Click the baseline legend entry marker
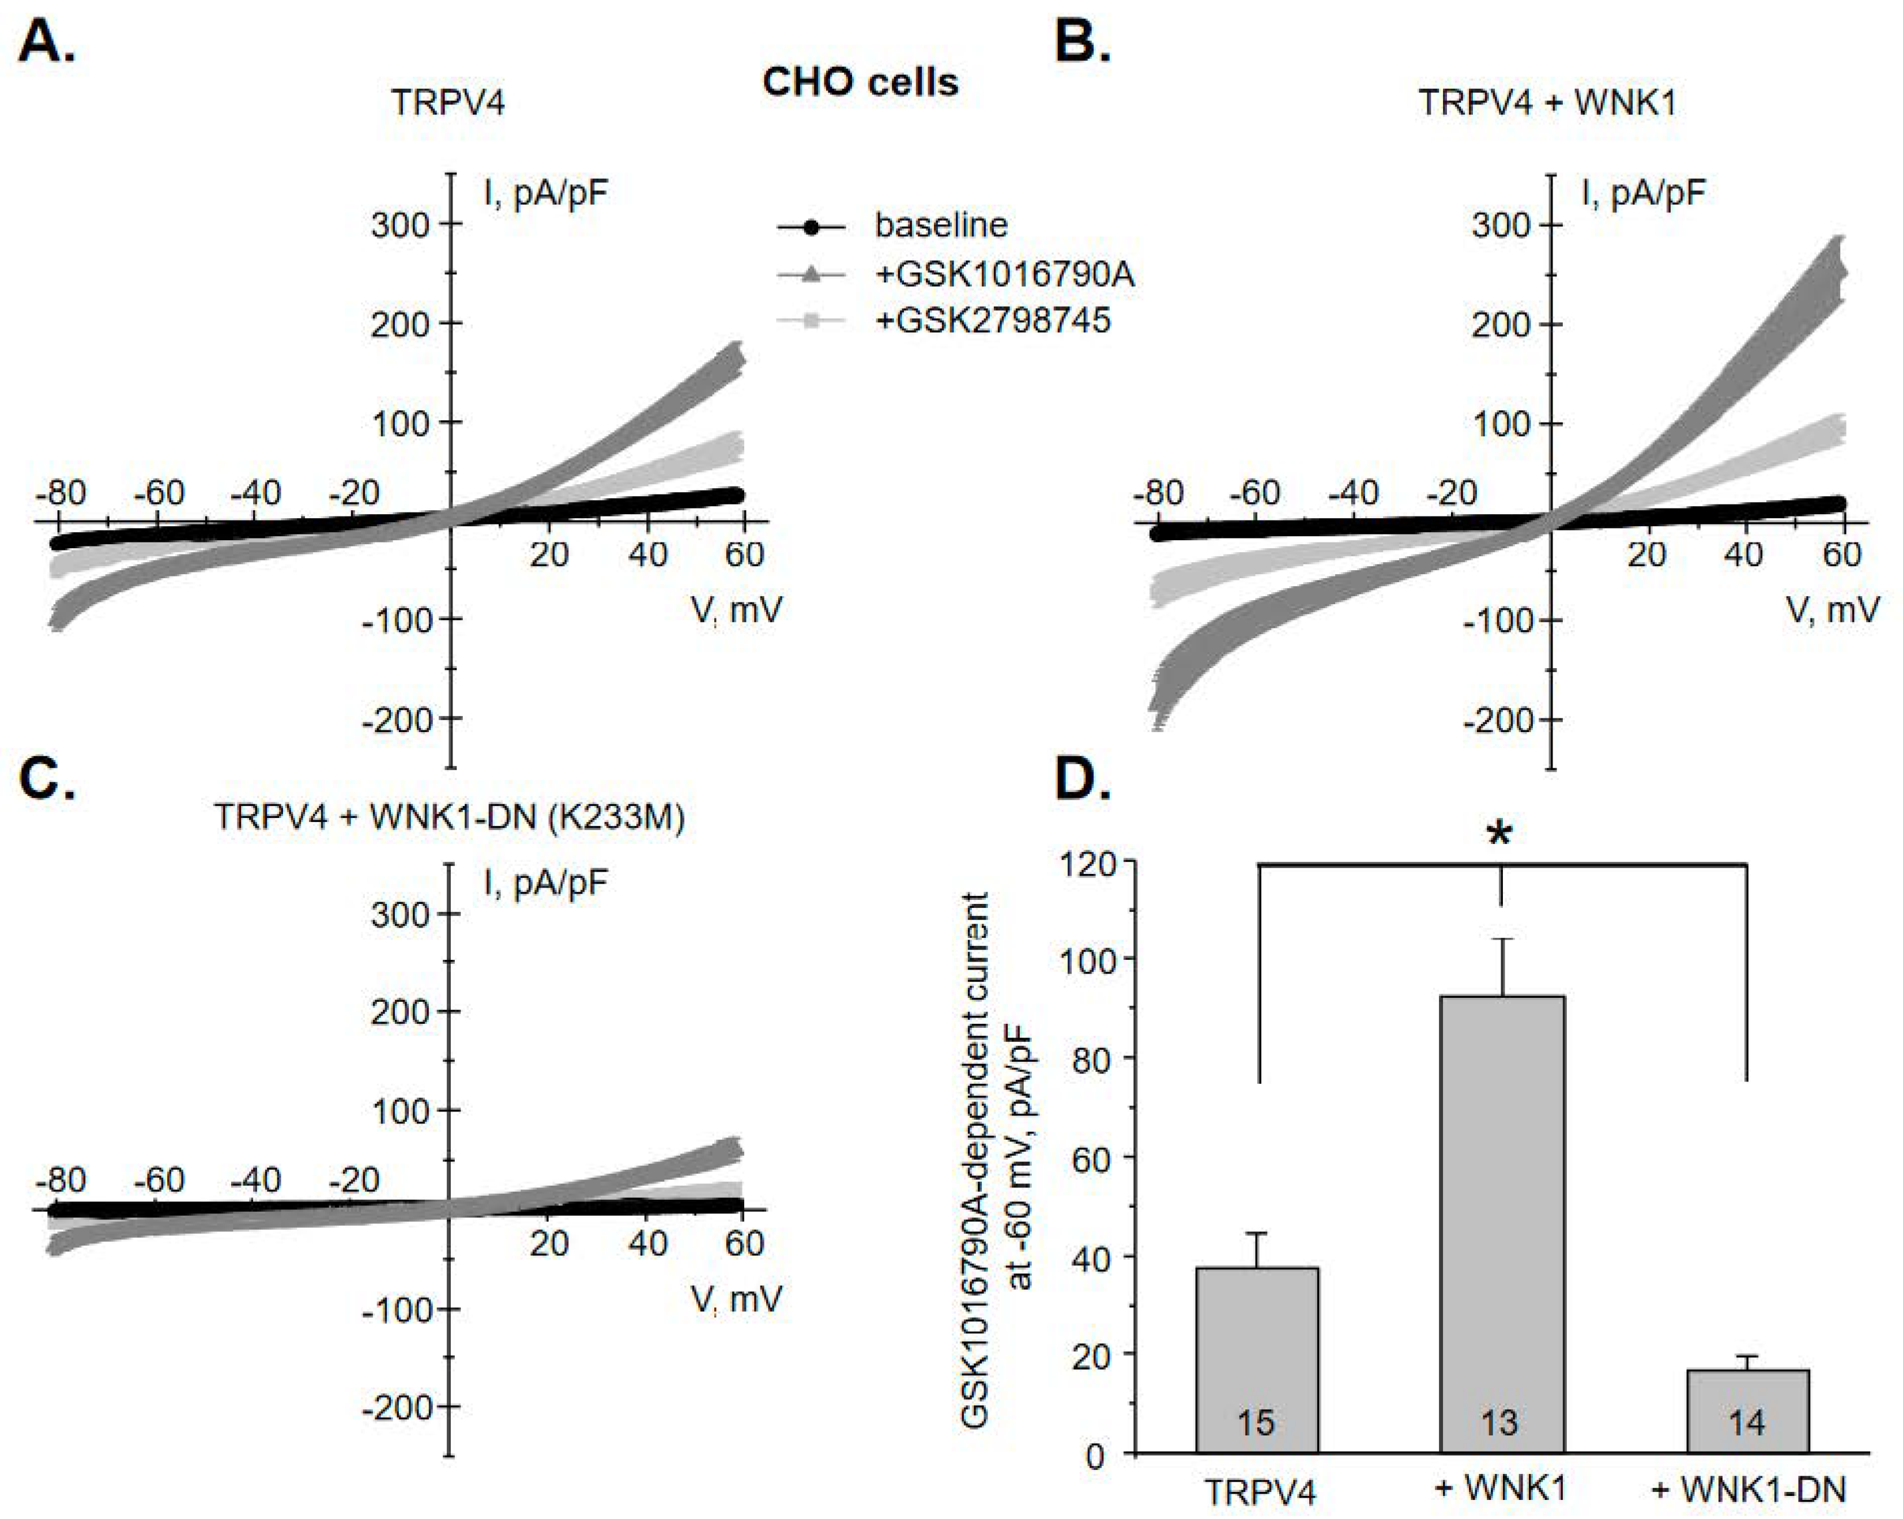[812, 227]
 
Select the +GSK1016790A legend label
[1004, 276]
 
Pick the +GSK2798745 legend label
[992, 321]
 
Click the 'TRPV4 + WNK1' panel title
[1546, 103]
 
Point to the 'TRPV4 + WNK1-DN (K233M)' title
[449, 817]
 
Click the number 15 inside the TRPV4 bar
[1256, 1422]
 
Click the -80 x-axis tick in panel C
[61, 1179]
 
